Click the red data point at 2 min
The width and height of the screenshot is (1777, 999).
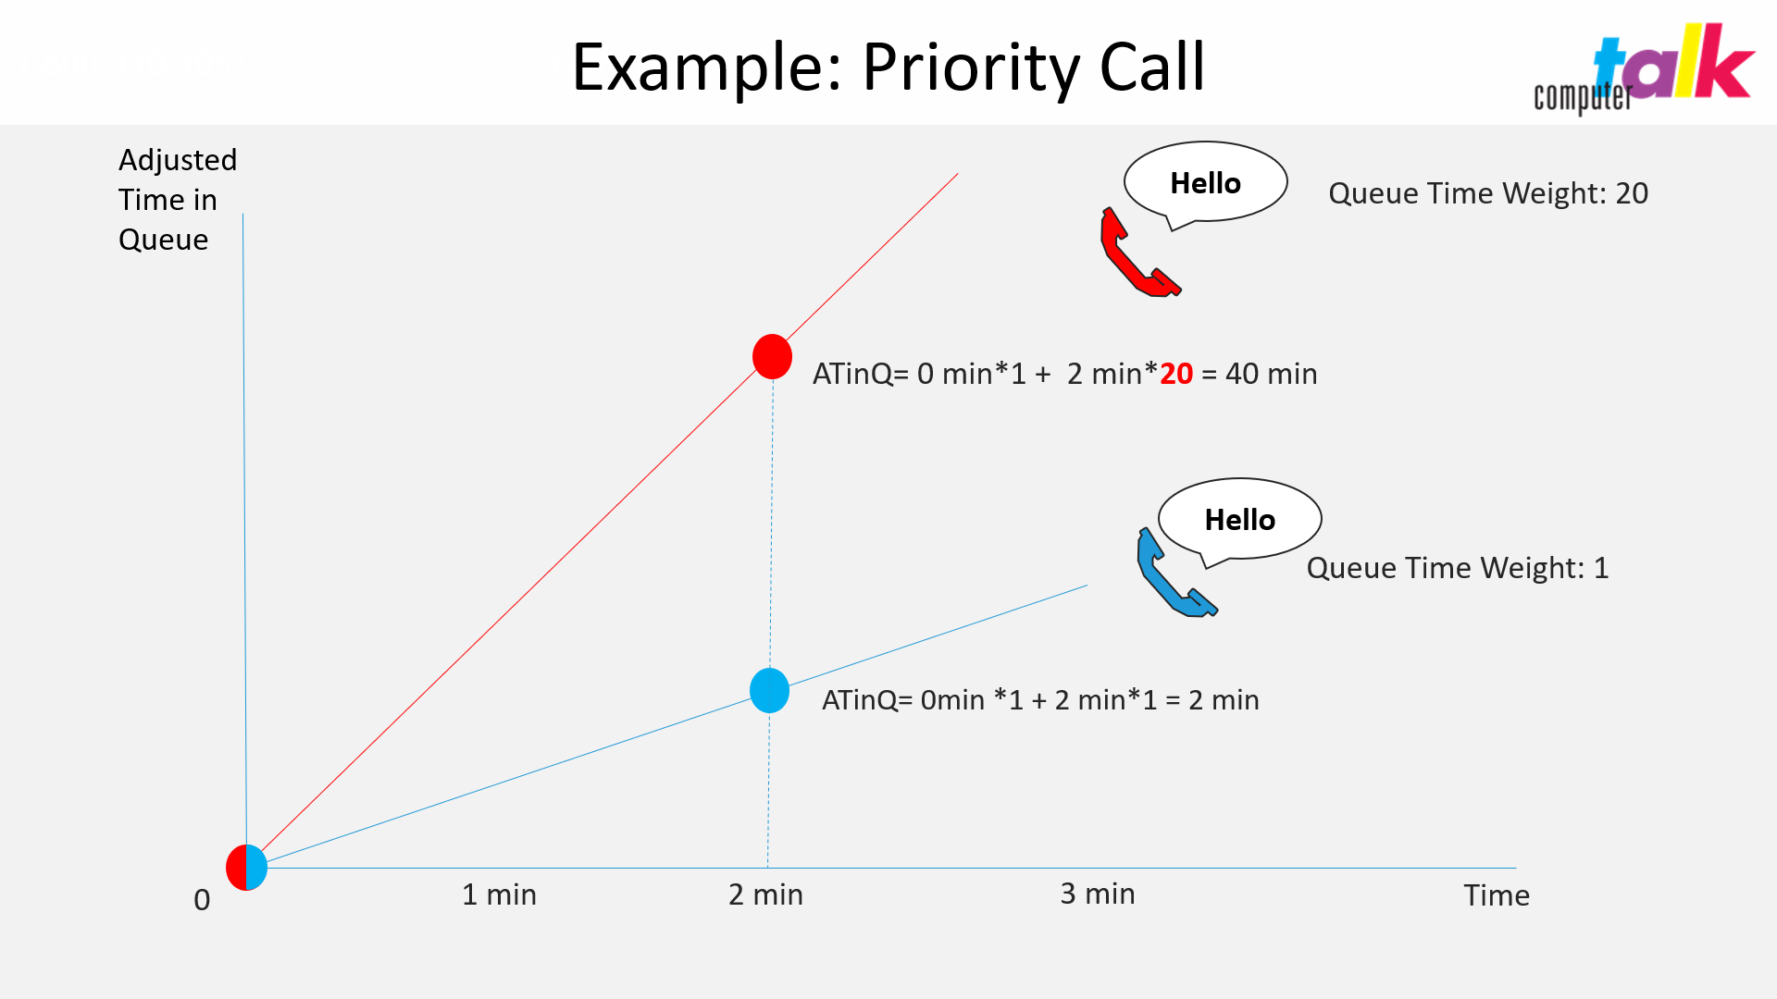coord(772,357)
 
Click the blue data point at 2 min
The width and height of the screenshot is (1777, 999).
coord(769,691)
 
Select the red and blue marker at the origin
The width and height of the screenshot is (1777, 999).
coord(247,868)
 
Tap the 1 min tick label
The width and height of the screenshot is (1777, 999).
coord(499,894)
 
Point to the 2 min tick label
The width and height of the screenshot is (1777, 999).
coord(765,894)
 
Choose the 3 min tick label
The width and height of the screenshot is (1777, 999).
coord(1098,894)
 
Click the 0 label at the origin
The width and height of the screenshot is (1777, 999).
coord(202,900)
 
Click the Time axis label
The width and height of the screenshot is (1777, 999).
coord(1497,895)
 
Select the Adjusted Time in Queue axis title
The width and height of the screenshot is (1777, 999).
coord(178,200)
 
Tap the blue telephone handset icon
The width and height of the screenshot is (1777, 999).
coord(1174,573)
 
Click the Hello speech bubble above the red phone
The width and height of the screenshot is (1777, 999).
coord(1205,183)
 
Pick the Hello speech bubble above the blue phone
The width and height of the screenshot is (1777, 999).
coord(1239,520)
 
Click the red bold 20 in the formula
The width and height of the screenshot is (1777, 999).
coord(1176,374)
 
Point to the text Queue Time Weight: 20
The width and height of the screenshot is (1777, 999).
coord(1488,193)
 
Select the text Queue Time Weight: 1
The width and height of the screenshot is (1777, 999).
coord(1458,568)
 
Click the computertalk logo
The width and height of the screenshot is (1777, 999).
coord(1644,68)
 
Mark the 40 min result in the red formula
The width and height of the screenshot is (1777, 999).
coord(1272,374)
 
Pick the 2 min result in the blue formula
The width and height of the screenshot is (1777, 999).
coord(1224,700)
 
